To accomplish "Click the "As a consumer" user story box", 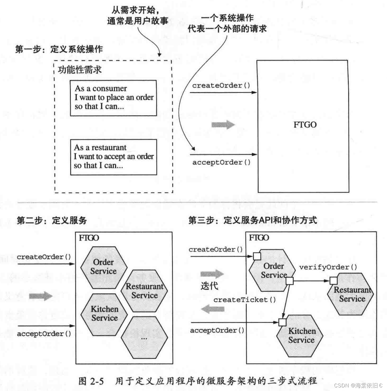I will coord(113,98).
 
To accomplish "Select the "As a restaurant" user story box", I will coord(113,157).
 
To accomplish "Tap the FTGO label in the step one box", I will coord(305,125).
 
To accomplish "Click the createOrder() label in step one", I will coord(221,86).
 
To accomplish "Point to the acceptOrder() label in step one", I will coord(221,162).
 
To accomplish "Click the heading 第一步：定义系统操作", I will coord(59,49).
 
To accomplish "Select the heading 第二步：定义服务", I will coord(52,221).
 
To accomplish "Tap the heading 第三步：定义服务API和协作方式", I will coord(253,221).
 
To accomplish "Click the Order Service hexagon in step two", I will coord(103,267).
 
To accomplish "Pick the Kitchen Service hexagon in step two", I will coord(104,314).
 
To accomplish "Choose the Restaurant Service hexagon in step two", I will coord(144,291).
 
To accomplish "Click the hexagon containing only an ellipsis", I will coord(144,338).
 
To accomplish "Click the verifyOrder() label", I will coord(328,267).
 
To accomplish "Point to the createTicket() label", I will coord(245,300).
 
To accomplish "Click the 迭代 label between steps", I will coord(209,286).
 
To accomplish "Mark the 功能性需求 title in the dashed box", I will coord(80,70).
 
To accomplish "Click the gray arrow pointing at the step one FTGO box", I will coord(223,125).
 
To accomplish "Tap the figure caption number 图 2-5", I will coord(91,381).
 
